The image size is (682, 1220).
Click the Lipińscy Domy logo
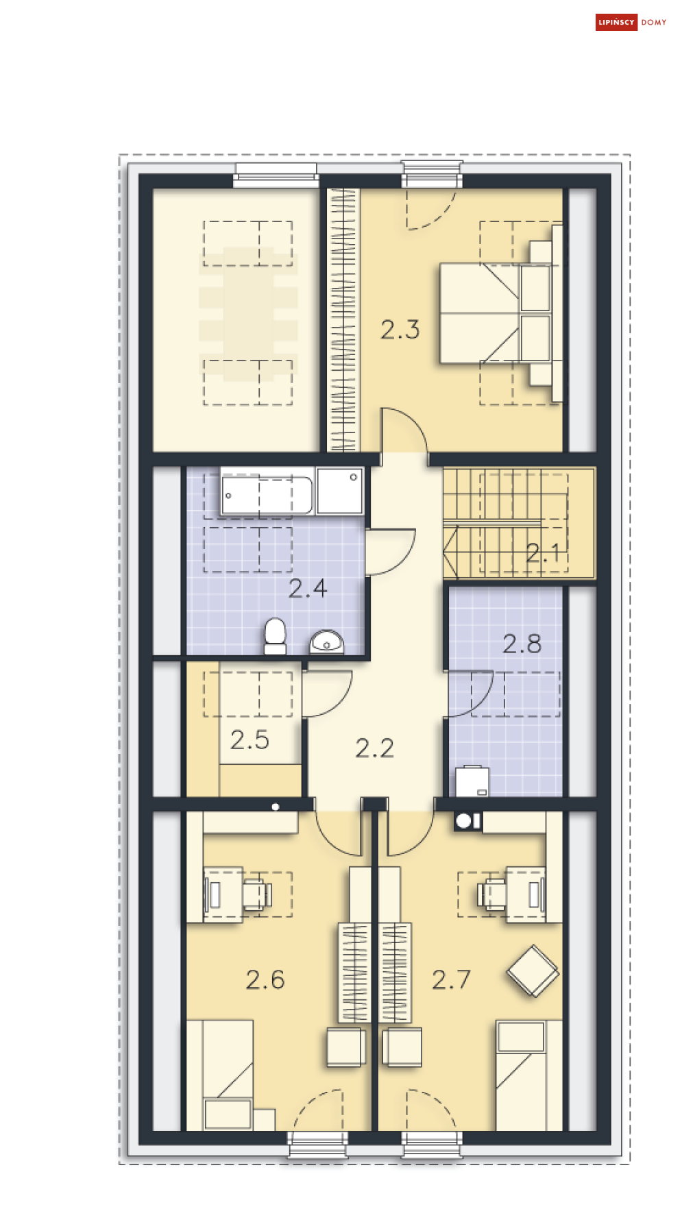click(x=631, y=22)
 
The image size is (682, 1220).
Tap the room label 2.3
click(x=400, y=330)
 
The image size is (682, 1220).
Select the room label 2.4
click(x=308, y=588)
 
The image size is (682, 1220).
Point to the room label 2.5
click(x=249, y=740)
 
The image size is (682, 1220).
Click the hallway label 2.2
click(x=375, y=748)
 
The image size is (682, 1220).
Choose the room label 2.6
click(x=265, y=979)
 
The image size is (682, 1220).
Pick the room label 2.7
click(x=452, y=979)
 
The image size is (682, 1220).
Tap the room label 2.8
click(x=522, y=644)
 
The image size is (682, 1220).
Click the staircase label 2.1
click(x=544, y=552)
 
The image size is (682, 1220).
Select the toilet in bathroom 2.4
click(x=275, y=636)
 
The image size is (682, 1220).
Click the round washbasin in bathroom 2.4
click(x=327, y=642)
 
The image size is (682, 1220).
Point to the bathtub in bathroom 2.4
click(x=267, y=494)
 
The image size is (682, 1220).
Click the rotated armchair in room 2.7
click(x=533, y=971)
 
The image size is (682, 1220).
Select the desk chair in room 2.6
click(x=257, y=894)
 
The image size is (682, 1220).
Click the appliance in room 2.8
click(x=472, y=781)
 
